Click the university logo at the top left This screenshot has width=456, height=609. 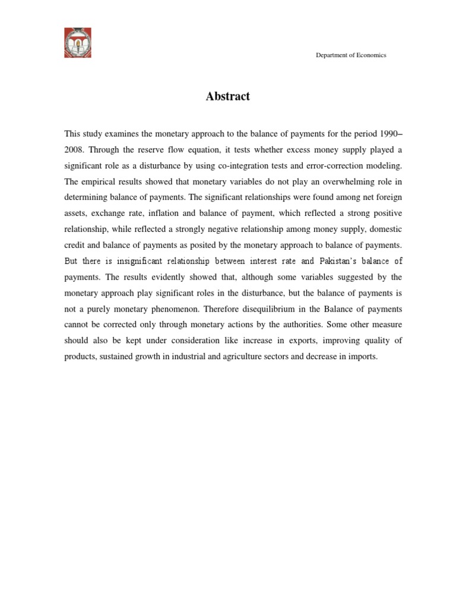coord(78,43)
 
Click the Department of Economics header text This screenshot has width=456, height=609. coord(350,55)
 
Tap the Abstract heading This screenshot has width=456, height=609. coord(228,96)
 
